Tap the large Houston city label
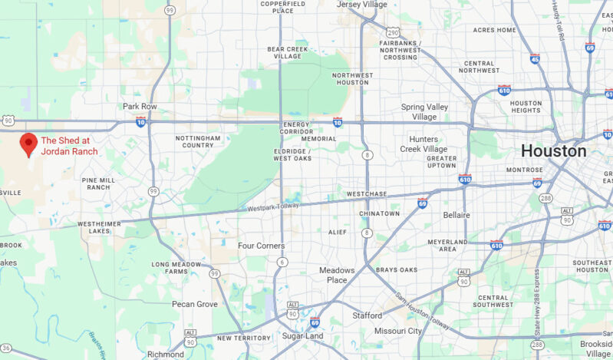[x=553, y=150]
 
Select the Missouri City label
[x=397, y=331]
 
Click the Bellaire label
[x=456, y=215]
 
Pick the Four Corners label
[x=261, y=246]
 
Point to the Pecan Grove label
[x=195, y=304]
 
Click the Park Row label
[x=140, y=107]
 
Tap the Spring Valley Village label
[x=429, y=112]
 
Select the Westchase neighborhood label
[x=367, y=194]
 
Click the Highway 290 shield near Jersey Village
[x=393, y=32]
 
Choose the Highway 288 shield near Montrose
[x=545, y=197]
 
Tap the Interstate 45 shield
[x=535, y=58]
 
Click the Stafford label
[x=367, y=315]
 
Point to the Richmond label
[x=165, y=355]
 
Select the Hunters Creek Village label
[x=423, y=144]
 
